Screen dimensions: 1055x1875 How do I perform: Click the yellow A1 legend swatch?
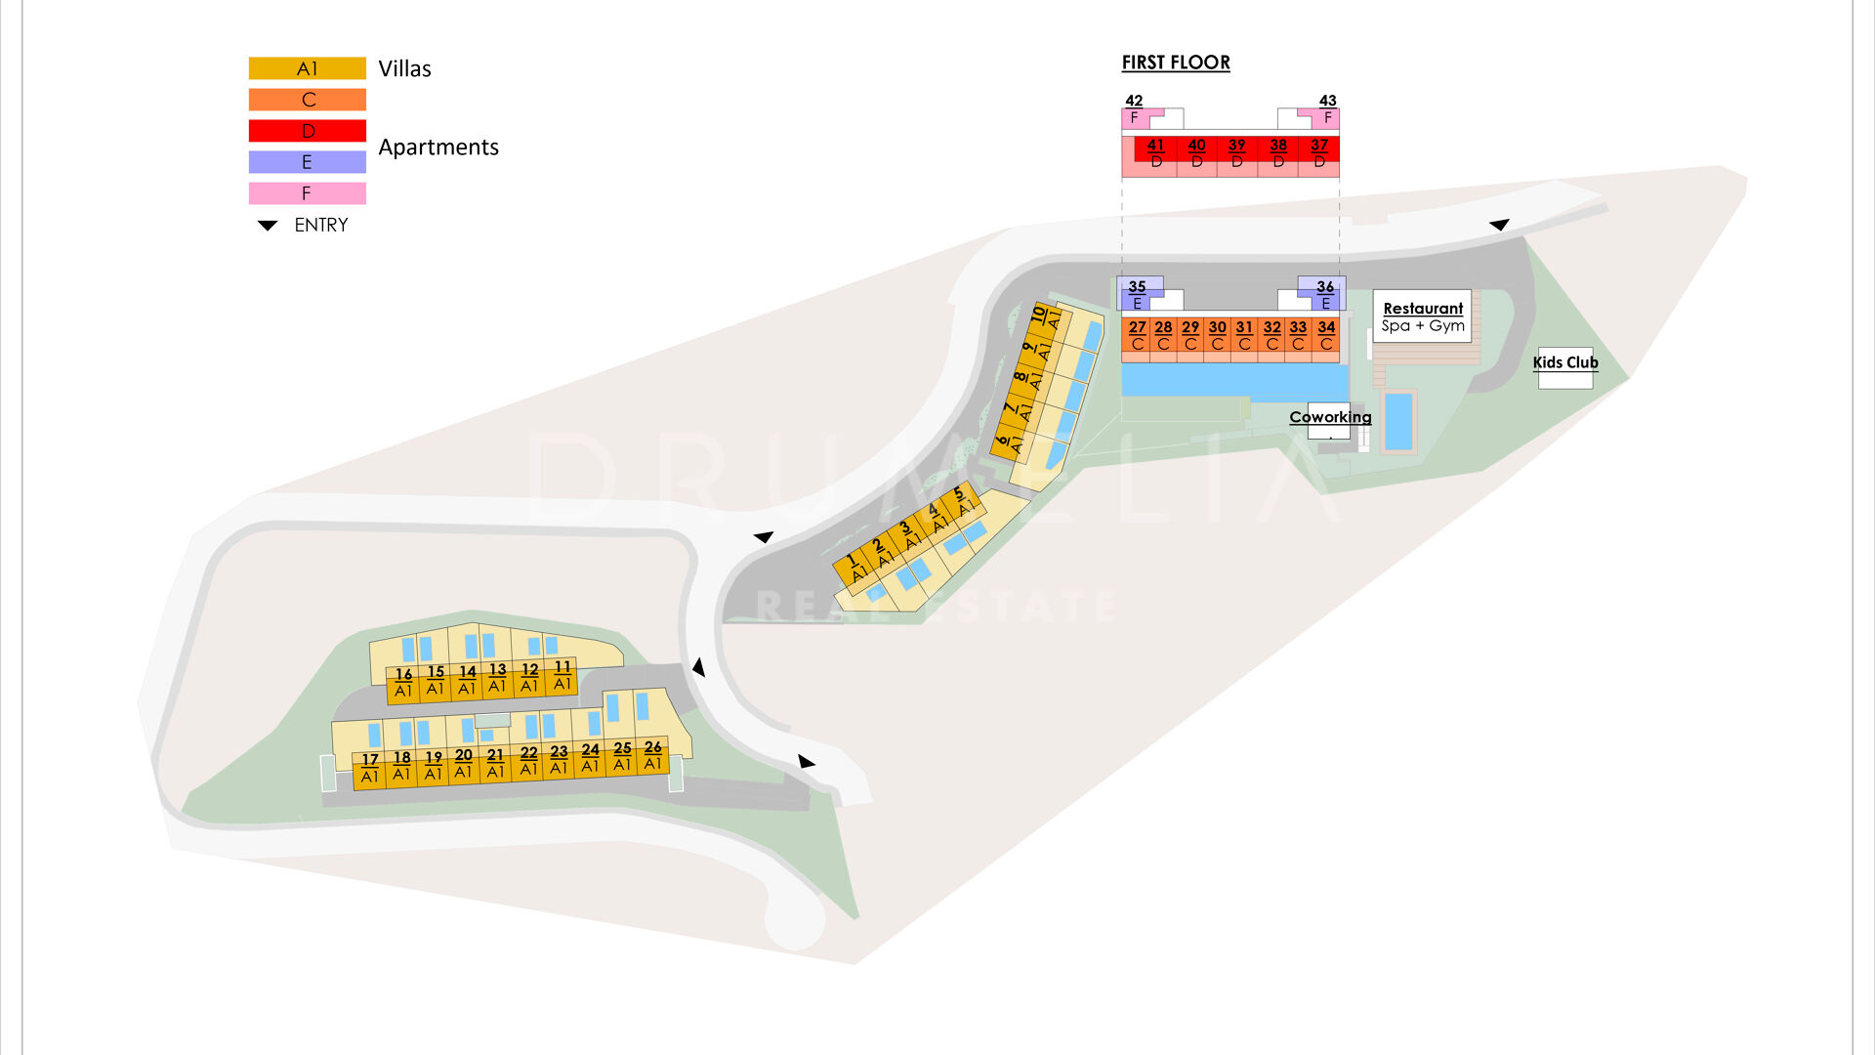pos(307,68)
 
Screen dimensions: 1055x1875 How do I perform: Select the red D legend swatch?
pos(307,131)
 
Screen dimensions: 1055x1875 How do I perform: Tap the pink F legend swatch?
pos(307,193)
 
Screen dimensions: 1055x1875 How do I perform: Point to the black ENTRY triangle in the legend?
pos(268,226)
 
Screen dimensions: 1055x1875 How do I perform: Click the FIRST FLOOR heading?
pos(1175,63)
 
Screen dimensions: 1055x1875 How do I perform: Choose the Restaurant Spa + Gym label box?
pos(1422,316)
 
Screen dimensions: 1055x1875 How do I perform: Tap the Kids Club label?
pos(1564,363)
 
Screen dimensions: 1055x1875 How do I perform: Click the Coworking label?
pos(1330,417)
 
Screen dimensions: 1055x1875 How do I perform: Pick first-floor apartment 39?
pos(1237,152)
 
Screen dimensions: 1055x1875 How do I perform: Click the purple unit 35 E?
pos(1138,294)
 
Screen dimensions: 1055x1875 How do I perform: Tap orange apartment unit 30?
pos(1217,335)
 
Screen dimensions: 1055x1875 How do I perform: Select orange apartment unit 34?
pos(1326,335)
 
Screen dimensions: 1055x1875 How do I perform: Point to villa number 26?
pos(653,755)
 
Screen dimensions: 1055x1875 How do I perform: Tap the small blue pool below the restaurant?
pos(1398,421)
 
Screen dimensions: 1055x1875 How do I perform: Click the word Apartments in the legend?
pos(438,148)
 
